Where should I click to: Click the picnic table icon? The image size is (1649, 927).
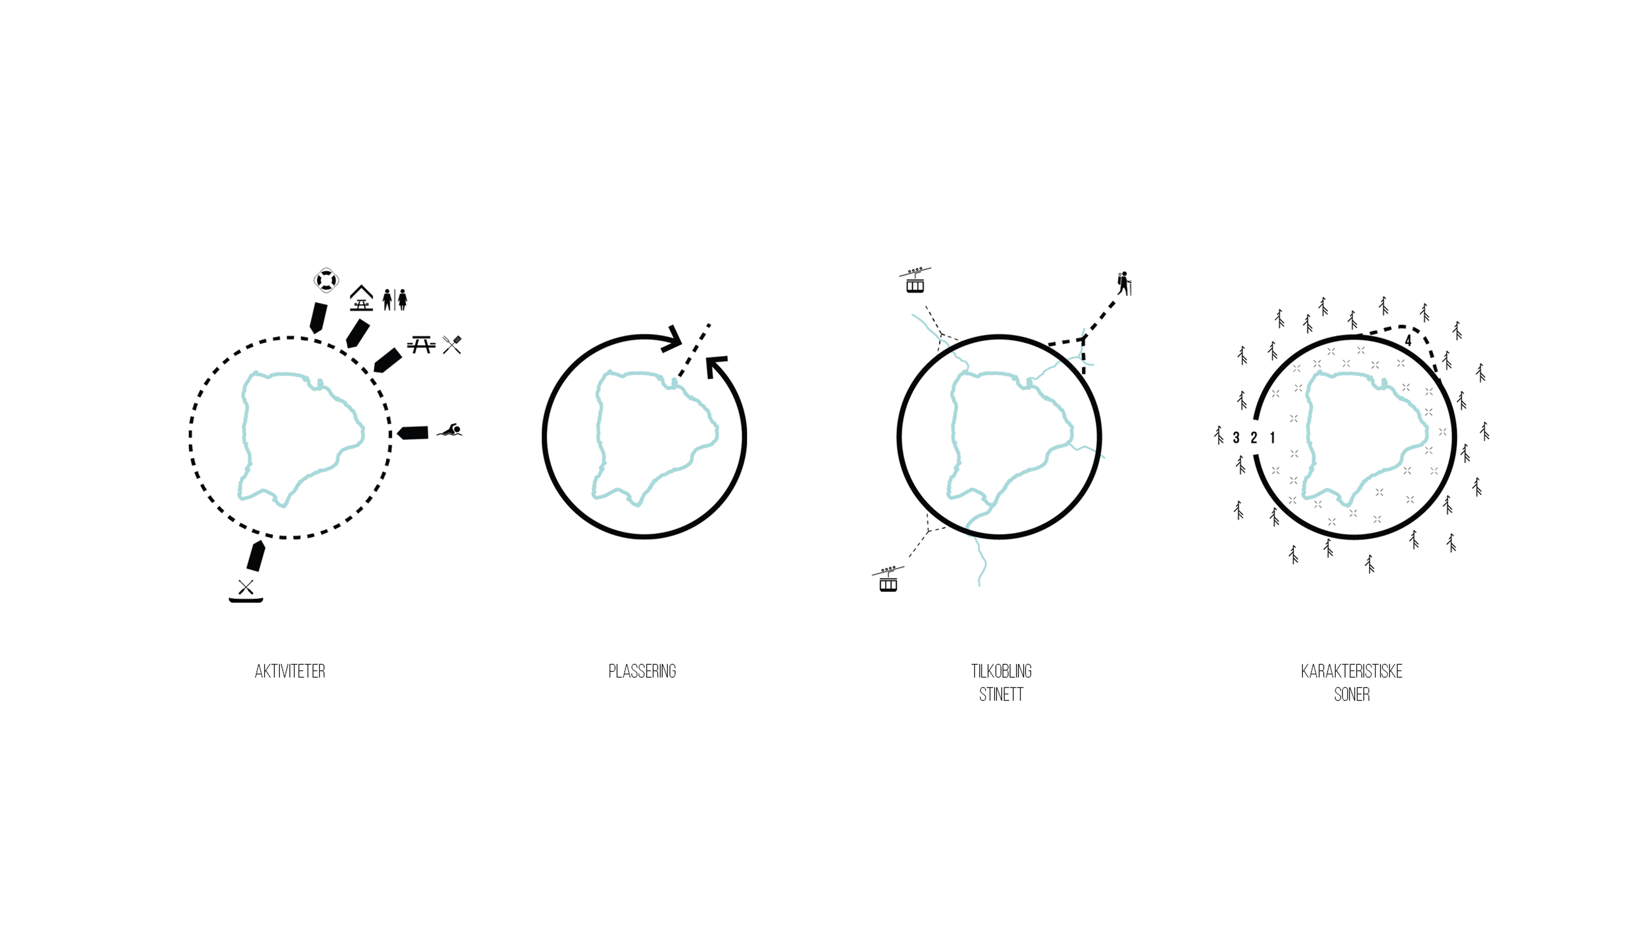click(421, 345)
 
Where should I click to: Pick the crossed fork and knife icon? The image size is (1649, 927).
click(452, 345)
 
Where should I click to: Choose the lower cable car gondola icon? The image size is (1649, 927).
click(888, 579)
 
